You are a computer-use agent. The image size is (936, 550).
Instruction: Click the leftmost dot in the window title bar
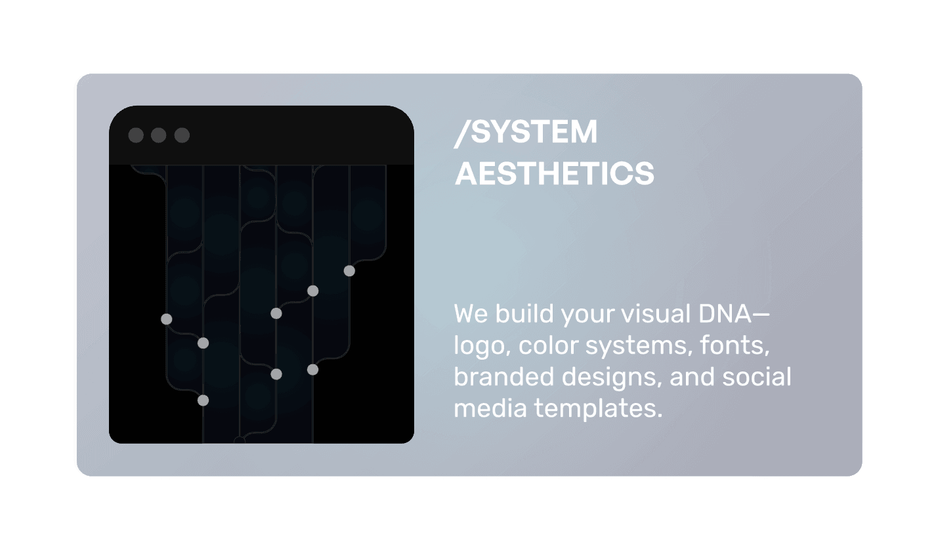coord(136,135)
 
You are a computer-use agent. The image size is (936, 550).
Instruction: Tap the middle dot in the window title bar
coord(159,135)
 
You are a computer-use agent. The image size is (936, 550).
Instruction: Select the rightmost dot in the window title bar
coord(182,135)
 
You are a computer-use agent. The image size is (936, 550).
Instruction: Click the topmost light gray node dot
coord(349,270)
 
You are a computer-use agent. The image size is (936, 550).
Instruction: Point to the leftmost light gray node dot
coord(166,319)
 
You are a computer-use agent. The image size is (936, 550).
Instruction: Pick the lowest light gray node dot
coord(203,400)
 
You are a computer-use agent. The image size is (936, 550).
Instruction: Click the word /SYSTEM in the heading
coord(526,133)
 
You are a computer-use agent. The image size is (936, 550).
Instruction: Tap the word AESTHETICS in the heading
coord(555,174)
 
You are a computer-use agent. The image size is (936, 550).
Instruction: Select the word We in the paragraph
coord(470,314)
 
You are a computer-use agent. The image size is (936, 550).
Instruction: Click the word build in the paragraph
coord(522,314)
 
